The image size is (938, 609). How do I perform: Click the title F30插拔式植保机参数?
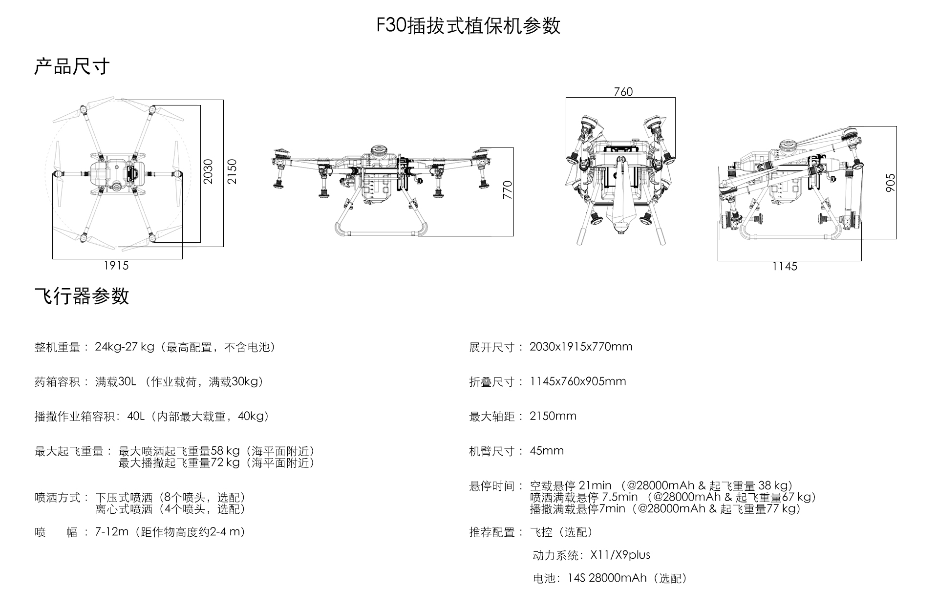(x=468, y=26)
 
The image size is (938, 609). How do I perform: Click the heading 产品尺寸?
(x=72, y=66)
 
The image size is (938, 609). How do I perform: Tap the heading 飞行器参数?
(x=82, y=296)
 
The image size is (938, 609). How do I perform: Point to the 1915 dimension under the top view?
(x=116, y=266)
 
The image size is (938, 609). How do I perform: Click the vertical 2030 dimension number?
(x=209, y=171)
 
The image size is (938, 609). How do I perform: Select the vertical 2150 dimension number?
(x=232, y=171)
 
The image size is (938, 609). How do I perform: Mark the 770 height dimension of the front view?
(x=508, y=190)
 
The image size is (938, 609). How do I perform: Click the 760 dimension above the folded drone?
(x=623, y=92)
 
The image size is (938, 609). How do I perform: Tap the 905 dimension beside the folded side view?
(x=890, y=183)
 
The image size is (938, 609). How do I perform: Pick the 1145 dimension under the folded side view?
(x=785, y=267)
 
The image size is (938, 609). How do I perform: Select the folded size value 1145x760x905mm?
(x=577, y=381)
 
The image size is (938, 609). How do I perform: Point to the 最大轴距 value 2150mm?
(x=553, y=416)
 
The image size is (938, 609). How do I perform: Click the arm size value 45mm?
(x=547, y=451)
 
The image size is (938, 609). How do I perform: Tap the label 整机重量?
(x=57, y=347)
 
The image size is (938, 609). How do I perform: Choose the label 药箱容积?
(x=57, y=382)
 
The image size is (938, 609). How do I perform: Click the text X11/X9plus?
(x=620, y=555)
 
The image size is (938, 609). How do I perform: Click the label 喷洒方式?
(x=57, y=498)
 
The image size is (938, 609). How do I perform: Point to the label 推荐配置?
(x=492, y=532)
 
